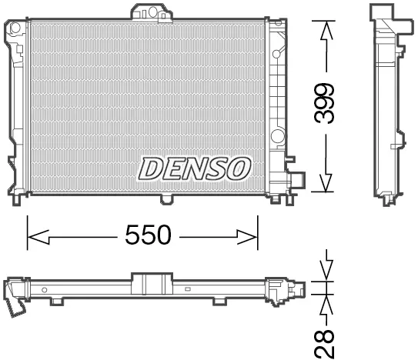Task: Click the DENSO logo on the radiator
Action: pos(194,165)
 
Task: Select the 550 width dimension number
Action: pos(148,235)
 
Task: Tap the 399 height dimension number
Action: pos(326,104)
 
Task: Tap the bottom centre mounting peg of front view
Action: pos(166,200)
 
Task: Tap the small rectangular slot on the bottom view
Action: pos(187,290)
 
